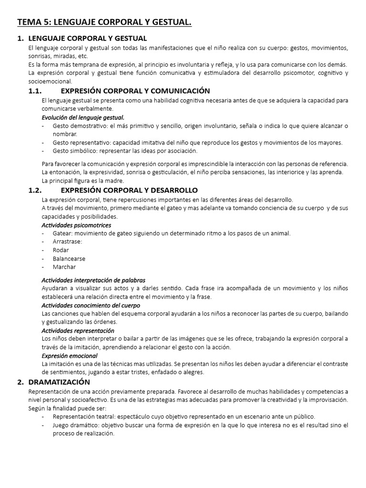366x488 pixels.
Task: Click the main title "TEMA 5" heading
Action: click(x=104, y=22)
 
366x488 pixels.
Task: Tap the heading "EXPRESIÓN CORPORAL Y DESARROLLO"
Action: click(x=129, y=190)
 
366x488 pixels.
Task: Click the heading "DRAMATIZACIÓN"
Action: click(x=59, y=382)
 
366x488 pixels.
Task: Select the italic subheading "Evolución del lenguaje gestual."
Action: click(x=83, y=117)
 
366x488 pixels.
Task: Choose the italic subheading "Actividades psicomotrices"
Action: click(x=76, y=225)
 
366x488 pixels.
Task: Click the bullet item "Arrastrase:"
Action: click(x=67, y=242)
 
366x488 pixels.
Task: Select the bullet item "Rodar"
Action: click(x=61, y=250)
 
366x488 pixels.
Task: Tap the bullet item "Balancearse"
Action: click(x=69, y=259)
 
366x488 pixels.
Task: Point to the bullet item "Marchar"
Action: click(x=64, y=267)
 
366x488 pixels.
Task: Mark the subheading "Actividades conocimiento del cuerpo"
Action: click(x=91, y=305)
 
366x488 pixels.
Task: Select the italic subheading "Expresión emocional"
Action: click(x=70, y=356)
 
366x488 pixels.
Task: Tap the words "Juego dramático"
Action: click(x=76, y=425)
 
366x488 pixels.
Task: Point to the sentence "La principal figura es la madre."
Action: click(x=83, y=181)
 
